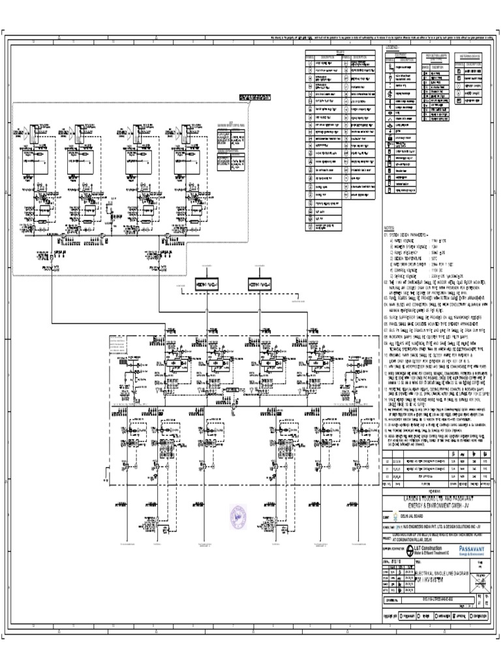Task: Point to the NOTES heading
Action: point(390,228)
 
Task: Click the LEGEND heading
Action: point(392,48)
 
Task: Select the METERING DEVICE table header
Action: point(468,57)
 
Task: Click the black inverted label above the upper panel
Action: point(254,99)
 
